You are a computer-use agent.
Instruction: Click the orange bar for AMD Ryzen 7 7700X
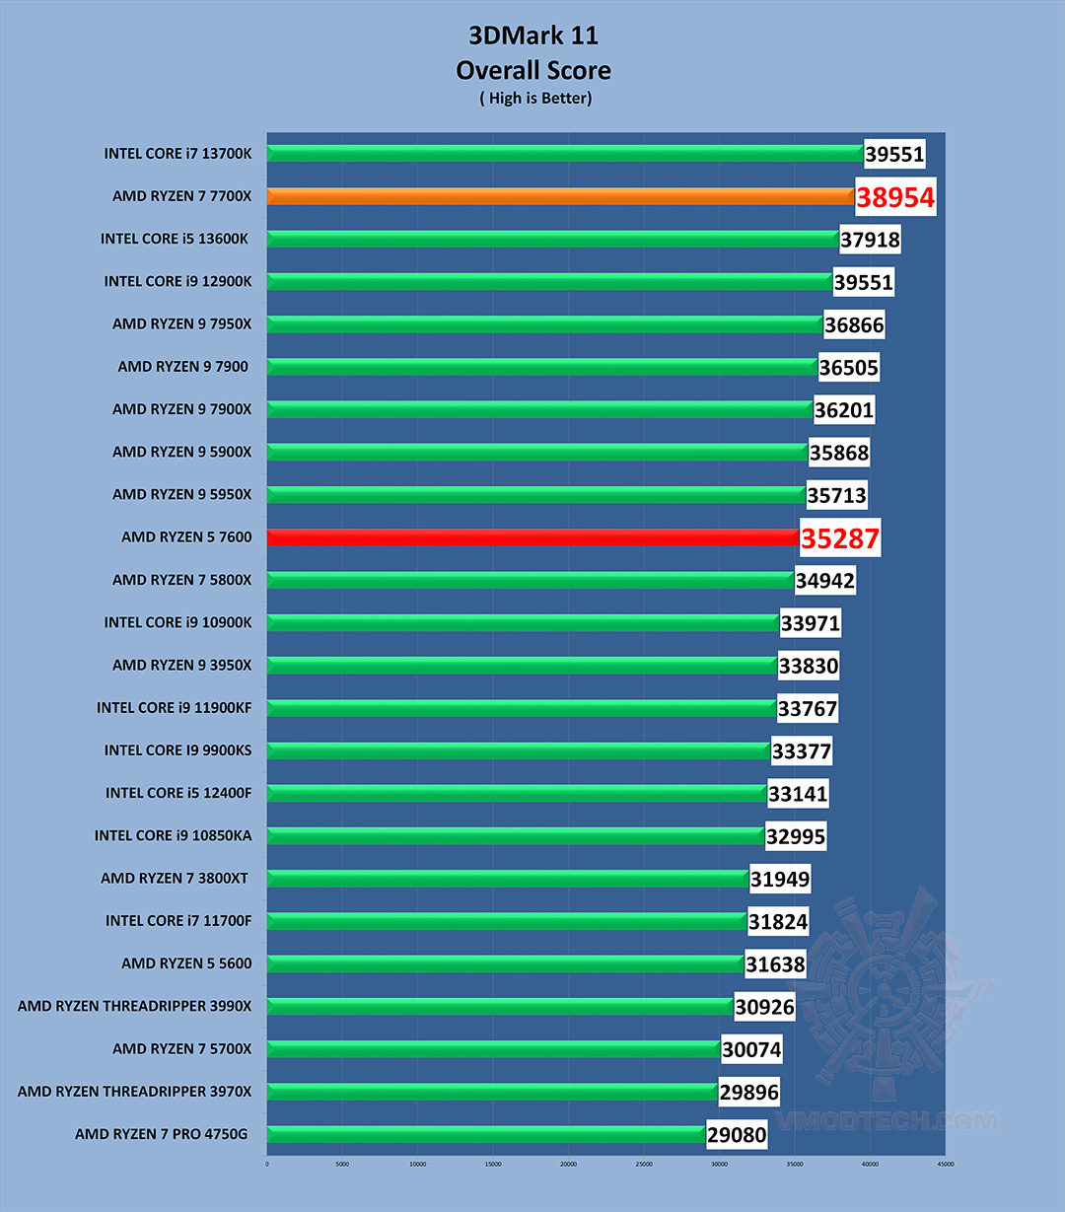pos(560,196)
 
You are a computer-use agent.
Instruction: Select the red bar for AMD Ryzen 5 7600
pos(532,537)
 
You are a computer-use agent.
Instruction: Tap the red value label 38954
pos(894,198)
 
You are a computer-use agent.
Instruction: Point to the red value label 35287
pos(839,539)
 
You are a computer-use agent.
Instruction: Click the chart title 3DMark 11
pos(532,36)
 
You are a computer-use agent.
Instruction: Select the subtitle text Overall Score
pos(532,70)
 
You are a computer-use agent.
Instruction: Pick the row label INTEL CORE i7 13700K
pos(177,154)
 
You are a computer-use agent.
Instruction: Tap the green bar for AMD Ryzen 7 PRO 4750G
pos(485,1134)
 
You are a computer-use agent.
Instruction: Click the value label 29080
pos(737,1135)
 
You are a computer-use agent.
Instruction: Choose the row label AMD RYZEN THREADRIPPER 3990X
pos(134,1006)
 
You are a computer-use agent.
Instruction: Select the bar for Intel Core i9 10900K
pos(523,622)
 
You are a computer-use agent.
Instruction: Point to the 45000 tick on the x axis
pos(945,1164)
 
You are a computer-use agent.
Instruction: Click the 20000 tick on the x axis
pos(568,1164)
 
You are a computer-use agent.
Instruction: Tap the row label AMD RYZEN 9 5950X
pos(181,494)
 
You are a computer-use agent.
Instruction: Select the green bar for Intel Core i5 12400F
pos(517,793)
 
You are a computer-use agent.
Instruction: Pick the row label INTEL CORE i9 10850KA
pos(173,835)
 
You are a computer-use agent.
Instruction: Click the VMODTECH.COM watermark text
pos(886,1120)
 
